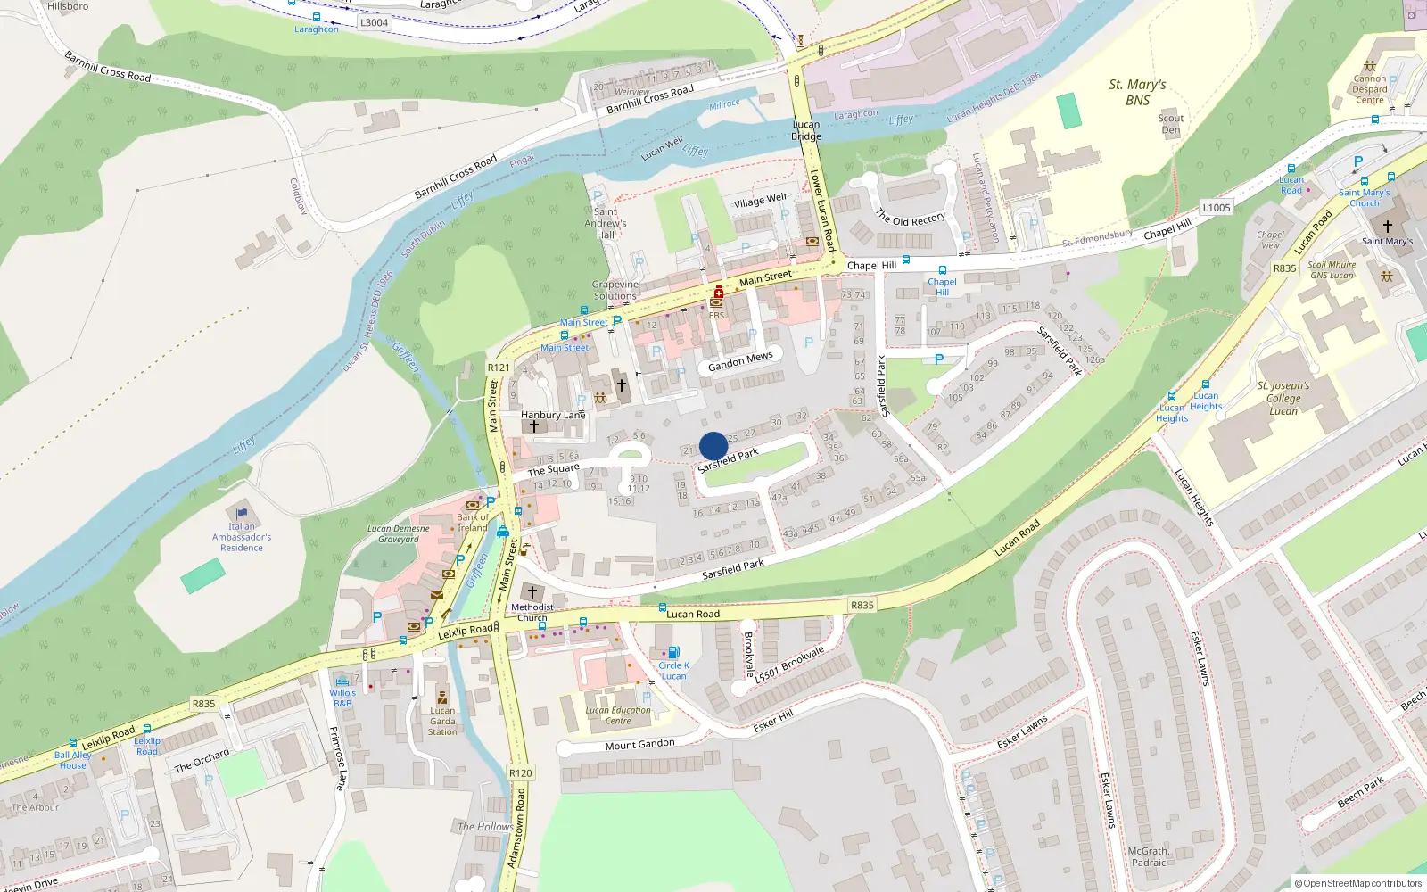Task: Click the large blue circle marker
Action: point(713,446)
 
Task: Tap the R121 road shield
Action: point(499,368)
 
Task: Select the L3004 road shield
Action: point(374,22)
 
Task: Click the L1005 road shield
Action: point(1216,208)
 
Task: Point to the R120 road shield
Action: point(520,773)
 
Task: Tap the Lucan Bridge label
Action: point(806,130)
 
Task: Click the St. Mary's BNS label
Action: point(1137,92)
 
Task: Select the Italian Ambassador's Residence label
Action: point(242,537)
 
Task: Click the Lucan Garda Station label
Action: point(442,722)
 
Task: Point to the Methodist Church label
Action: point(532,612)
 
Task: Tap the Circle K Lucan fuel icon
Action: point(673,653)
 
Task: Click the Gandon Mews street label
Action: point(740,361)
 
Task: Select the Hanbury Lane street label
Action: point(553,415)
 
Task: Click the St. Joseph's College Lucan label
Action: point(1283,398)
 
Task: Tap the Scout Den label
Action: point(1170,124)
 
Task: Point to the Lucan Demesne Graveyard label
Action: point(399,533)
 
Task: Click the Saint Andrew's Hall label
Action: point(606,223)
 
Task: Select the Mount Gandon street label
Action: point(639,745)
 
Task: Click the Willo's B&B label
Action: point(342,698)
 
